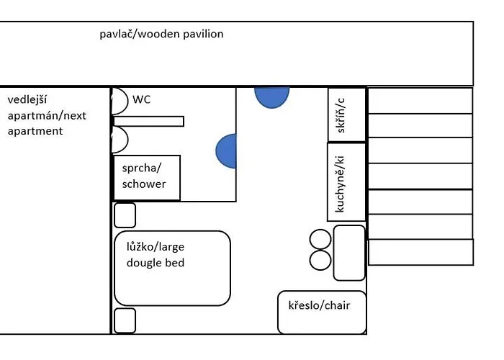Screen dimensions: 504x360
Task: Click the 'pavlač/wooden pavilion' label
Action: point(161,34)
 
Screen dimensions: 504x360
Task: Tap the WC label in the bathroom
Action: point(141,99)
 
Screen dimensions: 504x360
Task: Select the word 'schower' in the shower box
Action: point(144,184)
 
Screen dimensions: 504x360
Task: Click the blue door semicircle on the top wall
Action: point(272,97)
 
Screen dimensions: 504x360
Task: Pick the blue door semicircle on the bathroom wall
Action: point(226,151)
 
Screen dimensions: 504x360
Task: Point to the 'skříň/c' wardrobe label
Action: point(341,115)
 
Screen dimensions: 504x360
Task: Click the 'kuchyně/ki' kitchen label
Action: point(340,184)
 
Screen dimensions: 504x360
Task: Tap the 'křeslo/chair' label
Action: point(319,305)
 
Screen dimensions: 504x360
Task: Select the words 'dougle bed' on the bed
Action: point(156,263)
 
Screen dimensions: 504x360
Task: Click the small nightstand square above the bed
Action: point(125,215)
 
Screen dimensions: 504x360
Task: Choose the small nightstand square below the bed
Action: point(125,320)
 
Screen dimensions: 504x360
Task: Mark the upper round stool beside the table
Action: point(320,240)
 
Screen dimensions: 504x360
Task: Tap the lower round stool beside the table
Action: point(320,260)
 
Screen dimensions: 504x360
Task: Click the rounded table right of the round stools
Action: point(349,253)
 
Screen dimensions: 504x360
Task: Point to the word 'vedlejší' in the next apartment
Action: point(27,99)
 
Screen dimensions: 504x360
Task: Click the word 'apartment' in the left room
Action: point(35,131)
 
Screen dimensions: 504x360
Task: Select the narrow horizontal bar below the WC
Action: point(149,122)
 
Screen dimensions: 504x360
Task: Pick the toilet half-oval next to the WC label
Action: point(120,101)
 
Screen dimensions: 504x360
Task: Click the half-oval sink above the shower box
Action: point(120,139)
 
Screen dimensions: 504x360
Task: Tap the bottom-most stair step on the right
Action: point(420,252)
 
